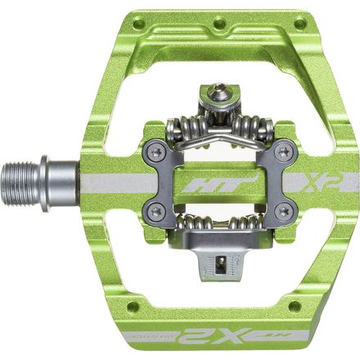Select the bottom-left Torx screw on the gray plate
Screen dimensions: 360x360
pyautogui.click(x=156, y=210)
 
